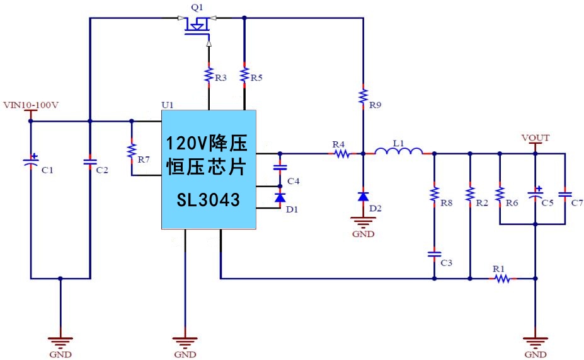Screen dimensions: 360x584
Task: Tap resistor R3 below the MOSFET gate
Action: (x=209, y=75)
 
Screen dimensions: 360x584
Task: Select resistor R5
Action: (x=244, y=75)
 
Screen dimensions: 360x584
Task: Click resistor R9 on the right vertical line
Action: (x=364, y=96)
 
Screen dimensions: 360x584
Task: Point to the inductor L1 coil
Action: (x=399, y=151)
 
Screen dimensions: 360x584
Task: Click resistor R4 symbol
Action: (x=341, y=153)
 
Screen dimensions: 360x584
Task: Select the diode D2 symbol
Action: (x=364, y=196)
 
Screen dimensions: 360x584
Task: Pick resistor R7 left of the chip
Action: (x=131, y=151)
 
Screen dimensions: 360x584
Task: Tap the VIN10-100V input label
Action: (x=31, y=104)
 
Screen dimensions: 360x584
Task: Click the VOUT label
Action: (x=535, y=137)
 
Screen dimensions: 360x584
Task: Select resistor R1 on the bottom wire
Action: (x=501, y=277)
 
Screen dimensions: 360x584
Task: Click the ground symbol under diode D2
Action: (x=364, y=222)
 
